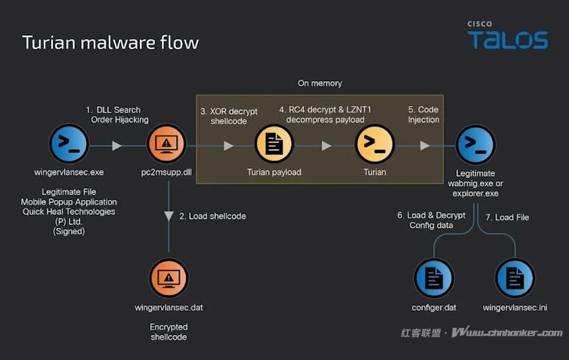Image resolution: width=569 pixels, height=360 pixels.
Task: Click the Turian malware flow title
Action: (110, 41)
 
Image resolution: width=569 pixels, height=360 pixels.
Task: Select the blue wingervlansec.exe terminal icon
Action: (69, 145)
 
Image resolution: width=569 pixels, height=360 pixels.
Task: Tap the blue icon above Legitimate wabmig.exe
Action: (476, 145)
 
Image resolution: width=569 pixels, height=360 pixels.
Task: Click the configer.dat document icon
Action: (432, 278)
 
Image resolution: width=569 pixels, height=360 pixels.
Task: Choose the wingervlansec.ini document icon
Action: (515, 278)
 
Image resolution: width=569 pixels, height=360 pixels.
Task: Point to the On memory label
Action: (320, 83)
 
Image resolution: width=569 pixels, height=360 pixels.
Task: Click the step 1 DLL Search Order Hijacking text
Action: (119, 114)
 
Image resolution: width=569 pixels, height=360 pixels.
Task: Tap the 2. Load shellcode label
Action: (213, 216)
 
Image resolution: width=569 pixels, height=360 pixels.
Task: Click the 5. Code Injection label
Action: (424, 115)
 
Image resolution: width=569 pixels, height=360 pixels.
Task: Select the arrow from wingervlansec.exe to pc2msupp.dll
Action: (116, 146)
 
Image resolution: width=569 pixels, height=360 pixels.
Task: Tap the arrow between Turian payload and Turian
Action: (327, 146)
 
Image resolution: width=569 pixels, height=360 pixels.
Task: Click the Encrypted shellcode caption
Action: (169, 332)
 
